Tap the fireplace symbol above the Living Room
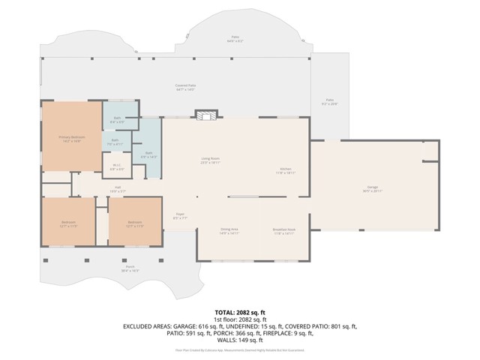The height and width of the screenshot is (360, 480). (208, 115)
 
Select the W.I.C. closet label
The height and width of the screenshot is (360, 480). (117, 166)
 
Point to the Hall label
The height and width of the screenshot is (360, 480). (118, 189)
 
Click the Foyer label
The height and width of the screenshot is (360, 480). (180, 216)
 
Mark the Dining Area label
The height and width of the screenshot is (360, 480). (229, 230)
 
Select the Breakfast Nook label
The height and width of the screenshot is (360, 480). (284, 230)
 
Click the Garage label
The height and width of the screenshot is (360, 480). (372, 189)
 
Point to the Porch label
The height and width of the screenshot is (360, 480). (130, 268)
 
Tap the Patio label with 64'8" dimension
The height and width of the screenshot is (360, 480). (235, 37)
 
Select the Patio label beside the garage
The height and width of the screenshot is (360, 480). (329, 101)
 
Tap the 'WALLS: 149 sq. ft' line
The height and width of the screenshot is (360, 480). (239, 340)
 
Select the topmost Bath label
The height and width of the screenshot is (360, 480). (118, 118)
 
